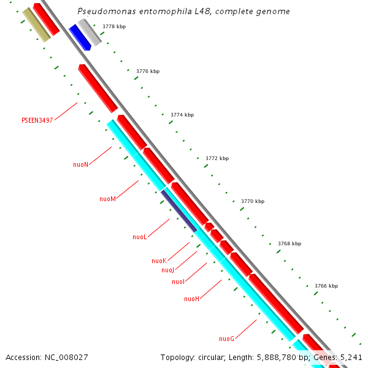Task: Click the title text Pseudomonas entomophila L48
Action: [184, 12]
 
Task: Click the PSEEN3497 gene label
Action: [37, 120]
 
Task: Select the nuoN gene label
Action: [80, 164]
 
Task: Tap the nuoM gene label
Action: [107, 199]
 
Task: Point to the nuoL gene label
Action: [139, 237]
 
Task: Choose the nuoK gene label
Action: [159, 261]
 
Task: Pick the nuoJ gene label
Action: [168, 270]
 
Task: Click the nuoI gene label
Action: [178, 282]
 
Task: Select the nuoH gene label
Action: [191, 299]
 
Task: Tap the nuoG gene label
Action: [226, 339]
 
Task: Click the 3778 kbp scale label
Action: [113, 26]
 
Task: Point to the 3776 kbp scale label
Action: [147, 71]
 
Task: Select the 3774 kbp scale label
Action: [182, 115]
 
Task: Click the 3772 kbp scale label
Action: [217, 158]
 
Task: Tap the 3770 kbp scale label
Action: [253, 201]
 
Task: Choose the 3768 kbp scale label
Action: [289, 243]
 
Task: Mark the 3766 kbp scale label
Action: [326, 286]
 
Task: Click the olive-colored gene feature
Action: [36, 25]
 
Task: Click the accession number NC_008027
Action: [47, 357]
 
